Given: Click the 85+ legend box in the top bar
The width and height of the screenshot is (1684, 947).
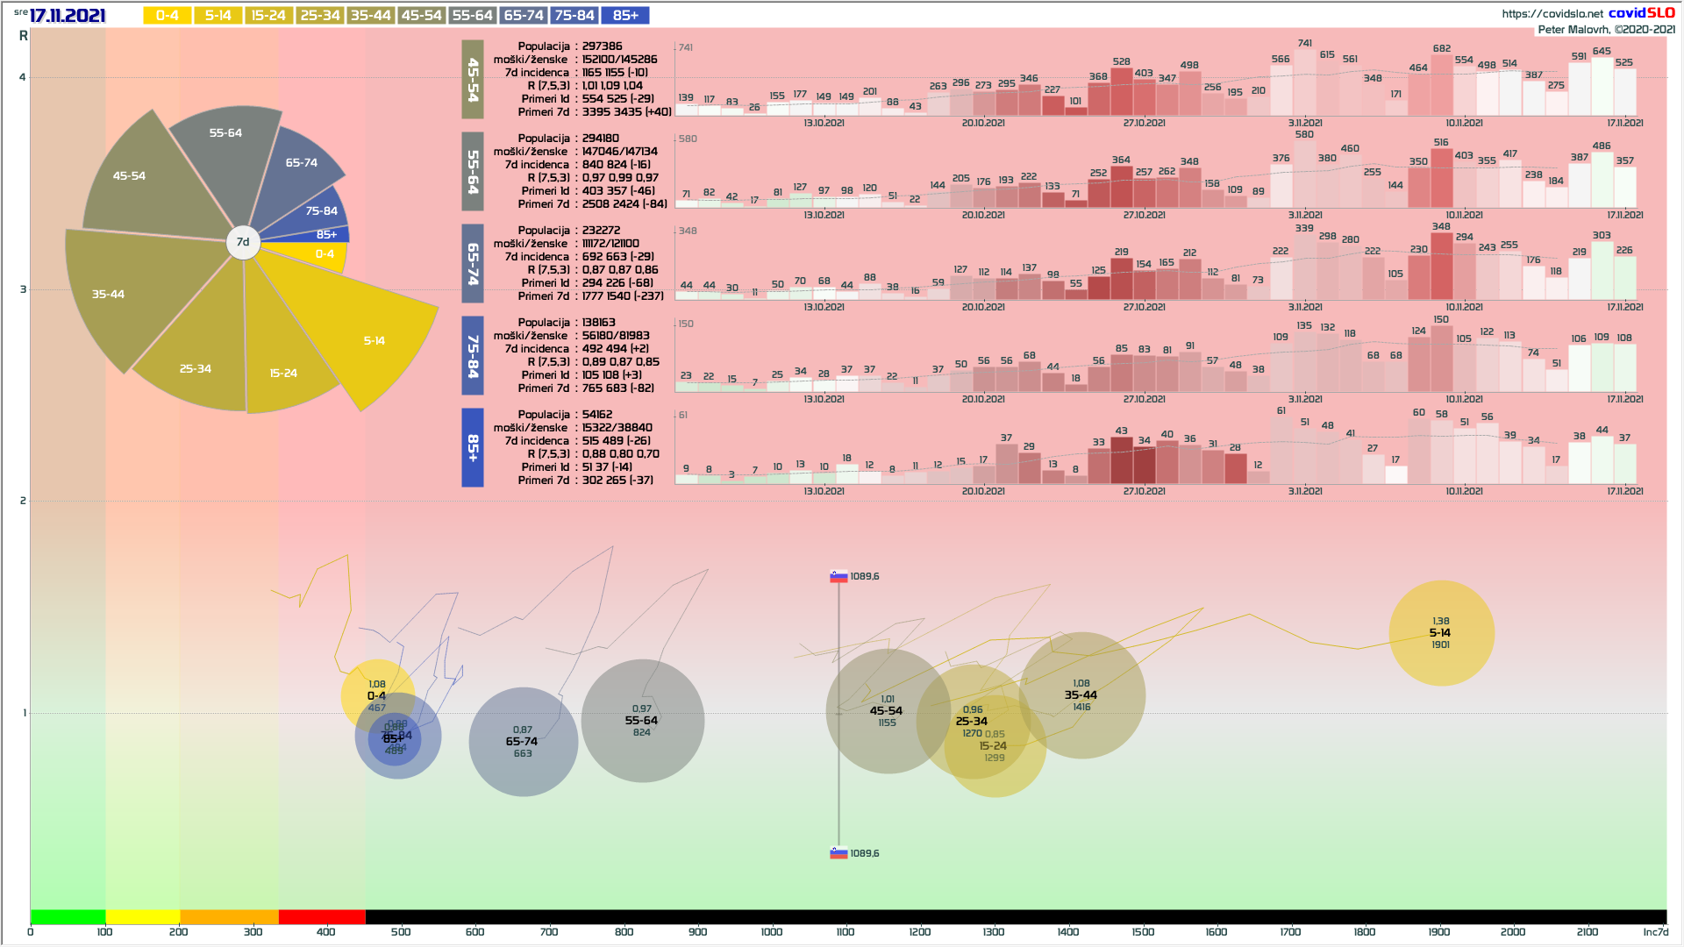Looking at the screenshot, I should click(625, 15).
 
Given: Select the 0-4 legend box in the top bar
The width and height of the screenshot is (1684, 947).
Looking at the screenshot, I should click(167, 15).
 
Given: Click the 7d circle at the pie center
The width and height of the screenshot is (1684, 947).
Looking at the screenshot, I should click(243, 242).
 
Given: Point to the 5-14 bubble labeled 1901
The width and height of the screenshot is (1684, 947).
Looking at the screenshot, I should click(1441, 632).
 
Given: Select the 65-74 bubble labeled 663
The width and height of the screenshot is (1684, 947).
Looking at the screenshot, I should click(523, 742).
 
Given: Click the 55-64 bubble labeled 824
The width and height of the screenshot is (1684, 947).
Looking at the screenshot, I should click(642, 721).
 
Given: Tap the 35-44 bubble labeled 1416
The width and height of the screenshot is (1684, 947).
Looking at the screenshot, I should click(1081, 694).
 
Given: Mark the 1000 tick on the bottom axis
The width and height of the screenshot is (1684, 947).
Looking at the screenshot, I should click(772, 931).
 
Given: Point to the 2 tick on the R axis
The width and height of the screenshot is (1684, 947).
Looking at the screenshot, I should click(23, 501).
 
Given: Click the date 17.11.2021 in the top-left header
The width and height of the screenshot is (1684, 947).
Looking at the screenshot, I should click(68, 16).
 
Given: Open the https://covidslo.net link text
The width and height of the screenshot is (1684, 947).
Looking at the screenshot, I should click(1552, 13).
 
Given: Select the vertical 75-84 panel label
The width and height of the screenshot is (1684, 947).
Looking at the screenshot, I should click(473, 355).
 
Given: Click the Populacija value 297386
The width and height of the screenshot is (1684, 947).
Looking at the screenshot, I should click(602, 46).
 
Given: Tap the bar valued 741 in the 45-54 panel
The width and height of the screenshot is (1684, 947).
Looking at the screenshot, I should click(1305, 83).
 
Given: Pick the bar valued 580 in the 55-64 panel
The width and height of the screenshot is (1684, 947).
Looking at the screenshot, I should click(1305, 174).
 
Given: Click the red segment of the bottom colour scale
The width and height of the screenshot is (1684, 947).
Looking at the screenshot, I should click(322, 916).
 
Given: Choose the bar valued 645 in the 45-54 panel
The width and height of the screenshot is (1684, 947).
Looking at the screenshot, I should click(1602, 86).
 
